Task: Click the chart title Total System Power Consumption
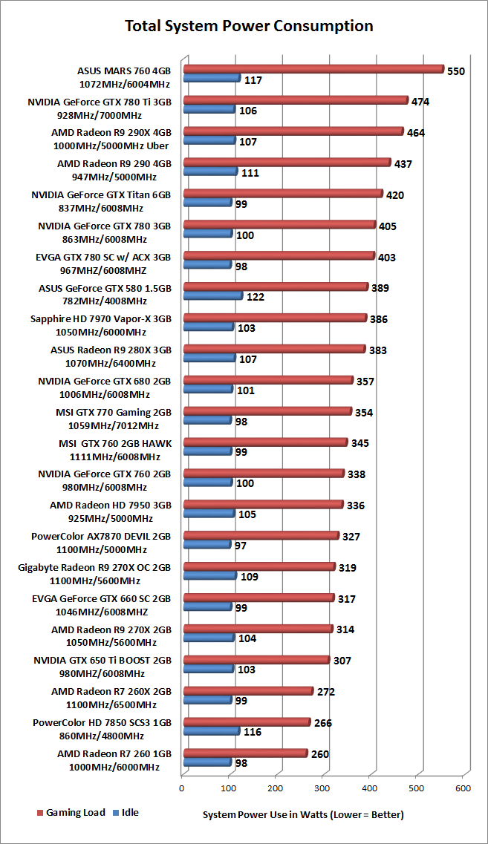click(248, 27)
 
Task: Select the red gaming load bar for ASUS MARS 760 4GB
click(312, 69)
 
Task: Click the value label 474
click(420, 101)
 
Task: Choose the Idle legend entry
click(127, 812)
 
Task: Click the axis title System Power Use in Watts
click(303, 814)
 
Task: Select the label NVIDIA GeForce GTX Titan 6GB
click(102, 195)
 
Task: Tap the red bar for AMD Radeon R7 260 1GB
click(244, 753)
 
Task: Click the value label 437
click(403, 163)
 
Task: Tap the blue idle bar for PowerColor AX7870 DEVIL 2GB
click(206, 544)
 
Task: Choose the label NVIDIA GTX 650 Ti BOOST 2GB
click(103, 660)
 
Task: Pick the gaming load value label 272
click(325, 692)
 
